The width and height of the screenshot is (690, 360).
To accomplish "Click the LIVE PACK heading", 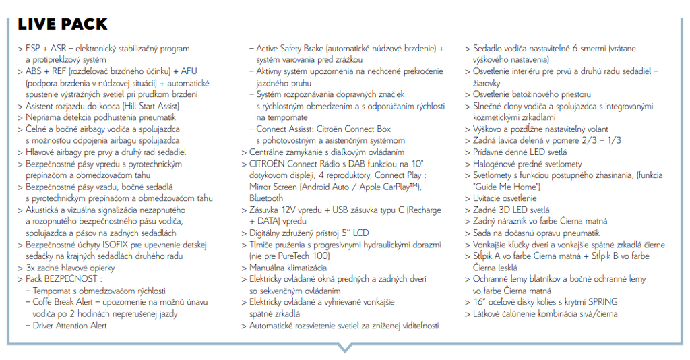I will (63, 24).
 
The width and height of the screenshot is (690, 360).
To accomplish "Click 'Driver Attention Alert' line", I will (70, 326).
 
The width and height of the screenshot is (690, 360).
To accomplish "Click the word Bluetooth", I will (266, 198).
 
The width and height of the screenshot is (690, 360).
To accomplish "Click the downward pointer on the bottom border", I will (344, 349).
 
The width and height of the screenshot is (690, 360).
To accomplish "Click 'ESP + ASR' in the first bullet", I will (46, 49).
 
